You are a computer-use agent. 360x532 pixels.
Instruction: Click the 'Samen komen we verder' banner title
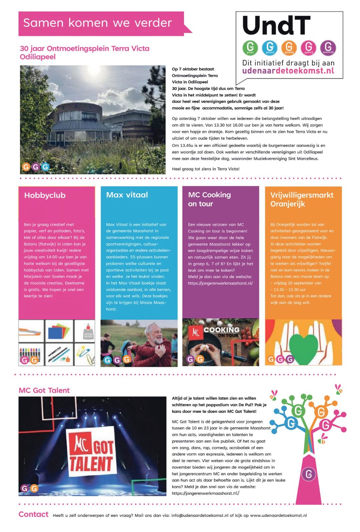[97, 23]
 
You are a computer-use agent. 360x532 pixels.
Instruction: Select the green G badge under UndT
[250, 47]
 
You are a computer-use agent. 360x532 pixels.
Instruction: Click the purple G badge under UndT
[328, 47]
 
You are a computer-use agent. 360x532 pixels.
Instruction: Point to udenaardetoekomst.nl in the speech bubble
[288, 71]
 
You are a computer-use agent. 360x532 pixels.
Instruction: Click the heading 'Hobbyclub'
[45, 195]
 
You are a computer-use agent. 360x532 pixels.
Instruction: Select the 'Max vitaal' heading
[127, 195]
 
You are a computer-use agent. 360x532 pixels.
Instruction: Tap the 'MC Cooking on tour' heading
[209, 199]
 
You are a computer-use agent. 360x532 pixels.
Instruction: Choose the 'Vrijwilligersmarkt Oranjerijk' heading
[301, 199]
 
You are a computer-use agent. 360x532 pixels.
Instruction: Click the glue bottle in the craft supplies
[85, 331]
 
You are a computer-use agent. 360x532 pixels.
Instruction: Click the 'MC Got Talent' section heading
[44, 390]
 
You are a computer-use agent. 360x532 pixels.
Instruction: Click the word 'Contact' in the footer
[33, 514]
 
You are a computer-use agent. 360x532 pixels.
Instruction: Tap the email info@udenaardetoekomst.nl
[200, 515]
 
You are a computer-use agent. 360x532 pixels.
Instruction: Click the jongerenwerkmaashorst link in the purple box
[220, 283]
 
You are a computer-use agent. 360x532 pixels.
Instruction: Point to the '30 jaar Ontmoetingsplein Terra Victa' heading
[84, 52]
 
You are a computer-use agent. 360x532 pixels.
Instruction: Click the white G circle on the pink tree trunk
[309, 473]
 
